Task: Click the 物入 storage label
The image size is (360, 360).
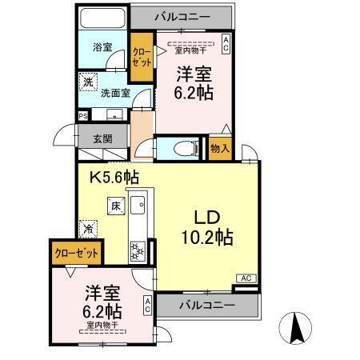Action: pos(220,148)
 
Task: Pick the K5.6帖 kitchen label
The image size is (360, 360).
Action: pos(114,178)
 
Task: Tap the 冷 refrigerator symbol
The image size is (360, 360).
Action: pos(86,228)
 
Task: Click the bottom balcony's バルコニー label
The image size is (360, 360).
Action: pos(206,306)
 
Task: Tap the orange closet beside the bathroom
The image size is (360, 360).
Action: pos(142,58)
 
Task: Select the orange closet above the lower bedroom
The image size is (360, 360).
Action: pos(77,252)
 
